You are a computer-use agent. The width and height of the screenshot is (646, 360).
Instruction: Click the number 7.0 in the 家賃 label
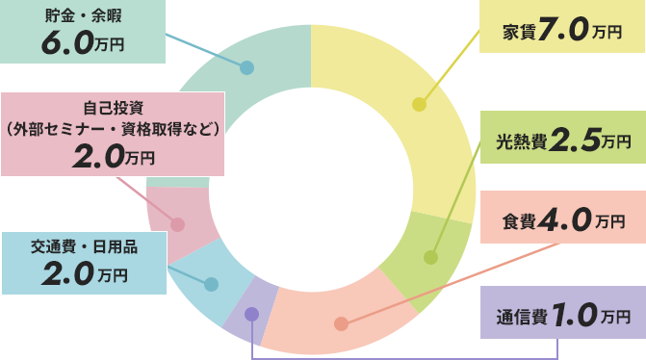(x=563, y=30)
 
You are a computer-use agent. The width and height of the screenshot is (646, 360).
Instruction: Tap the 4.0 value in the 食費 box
(x=569, y=220)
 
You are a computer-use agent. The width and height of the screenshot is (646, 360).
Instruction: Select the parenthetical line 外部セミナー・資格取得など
(x=113, y=128)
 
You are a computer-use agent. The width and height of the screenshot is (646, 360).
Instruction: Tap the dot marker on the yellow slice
(x=418, y=104)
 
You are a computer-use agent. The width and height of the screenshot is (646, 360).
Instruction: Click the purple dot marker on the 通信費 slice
(x=251, y=314)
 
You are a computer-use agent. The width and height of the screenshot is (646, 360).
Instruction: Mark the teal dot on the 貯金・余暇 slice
(x=246, y=68)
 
